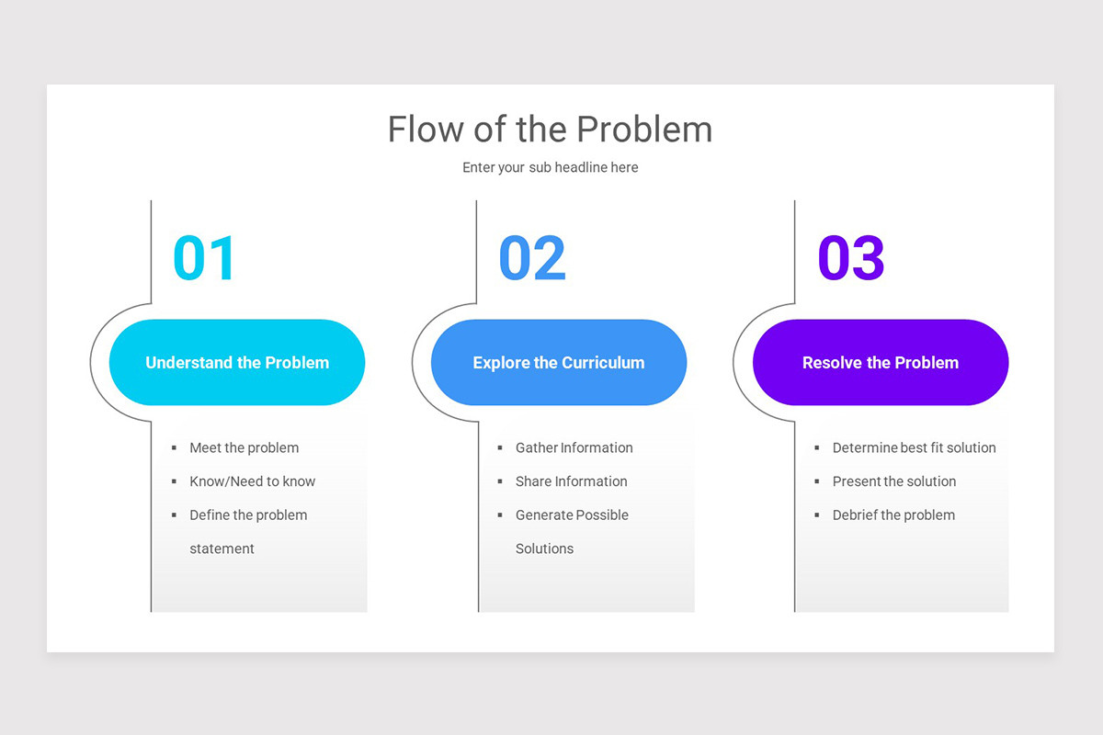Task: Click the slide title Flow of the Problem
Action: (x=550, y=130)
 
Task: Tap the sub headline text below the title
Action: (x=550, y=167)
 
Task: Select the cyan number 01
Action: (x=205, y=258)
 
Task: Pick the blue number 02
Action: (x=532, y=258)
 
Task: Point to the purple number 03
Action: (x=851, y=258)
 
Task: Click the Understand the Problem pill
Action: (x=237, y=363)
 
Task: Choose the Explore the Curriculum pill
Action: (x=559, y=363)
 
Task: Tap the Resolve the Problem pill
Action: (x=881, y=363)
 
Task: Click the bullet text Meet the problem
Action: (x=244, y=448)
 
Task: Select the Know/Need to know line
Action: (x=252, y=481)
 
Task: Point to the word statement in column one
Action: (x=222, y=548)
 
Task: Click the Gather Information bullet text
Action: (x=574, y=448)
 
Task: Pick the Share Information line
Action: (x=571, y=481)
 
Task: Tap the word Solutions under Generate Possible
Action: (x=544, y=548)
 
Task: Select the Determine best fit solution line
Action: (x=914, y=448)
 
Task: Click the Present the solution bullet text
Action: (x=893, y=481)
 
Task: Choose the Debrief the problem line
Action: (x=893, y=515)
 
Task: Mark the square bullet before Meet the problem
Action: (x=174, y=448)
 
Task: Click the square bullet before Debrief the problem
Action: (x=817, y=515)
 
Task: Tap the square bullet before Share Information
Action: (x=500, y=481)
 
